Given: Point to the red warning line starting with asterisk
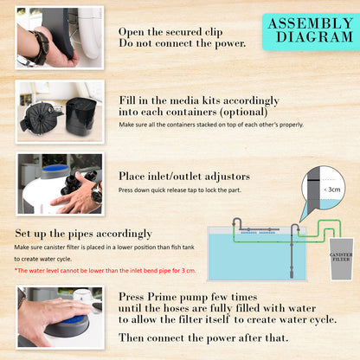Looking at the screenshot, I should pos(106,271).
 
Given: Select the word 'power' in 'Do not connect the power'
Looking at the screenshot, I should pos(227,42).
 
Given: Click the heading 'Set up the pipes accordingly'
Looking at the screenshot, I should pos(84,234).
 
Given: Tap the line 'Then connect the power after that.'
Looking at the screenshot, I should pos(203,337).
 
